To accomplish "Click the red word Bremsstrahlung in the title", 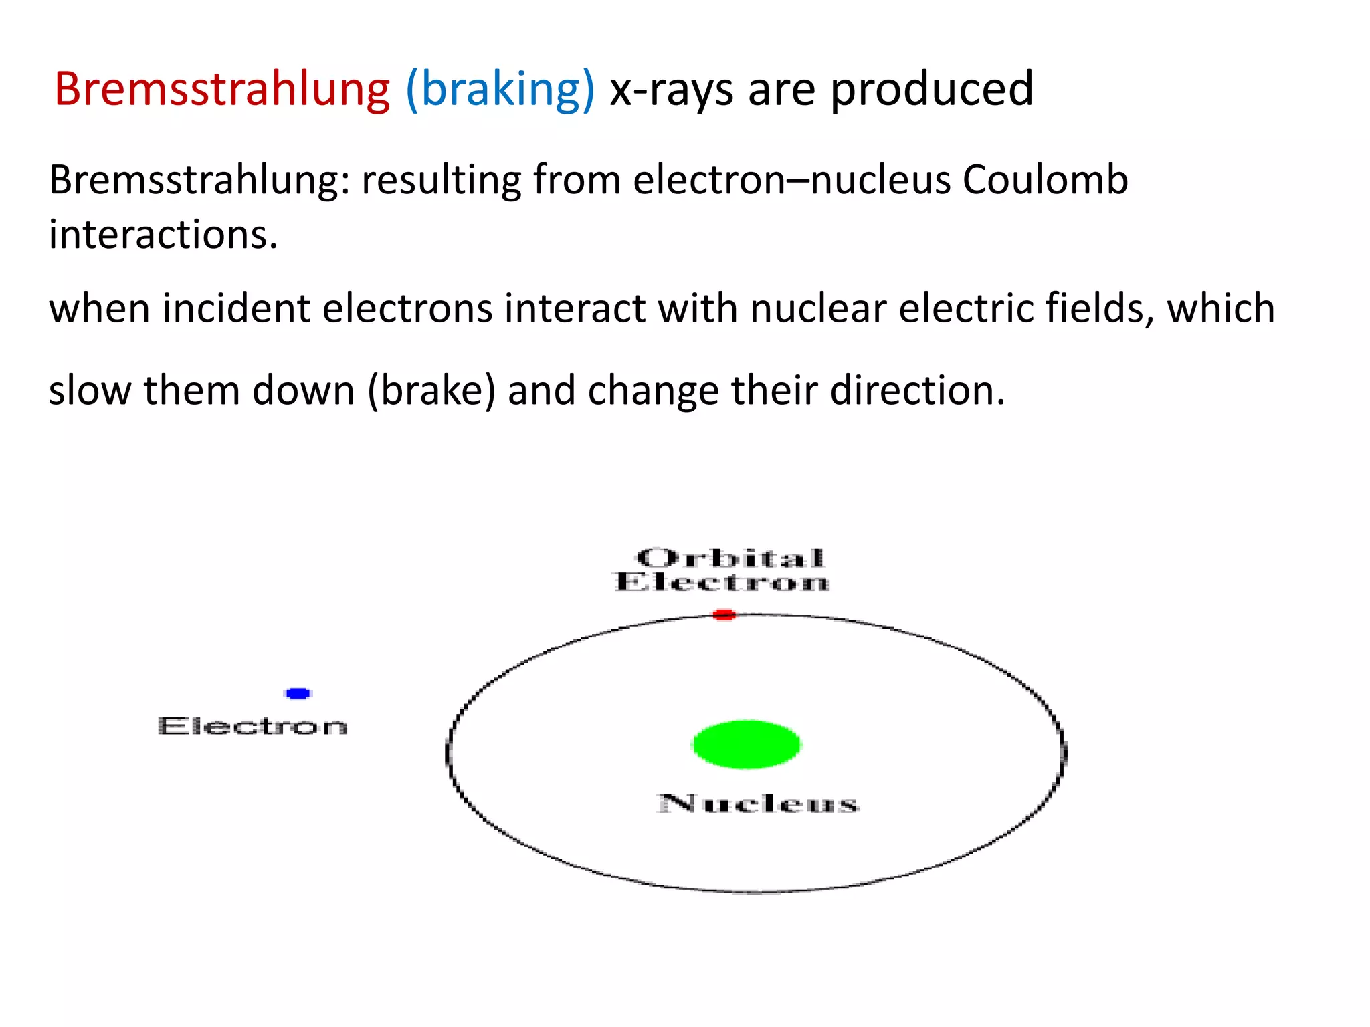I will pyautogui.click(x=221, y=89).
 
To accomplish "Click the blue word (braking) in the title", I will pyautogui.click(x=500, y=89).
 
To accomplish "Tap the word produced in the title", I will pyautogui.click(x=931, y=89).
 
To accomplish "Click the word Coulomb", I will pyautogui.click(x=1045, y=180).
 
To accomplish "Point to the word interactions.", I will pyautogui.click(x=163, y=235).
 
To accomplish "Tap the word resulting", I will pyautogui.click(x=441, y=181).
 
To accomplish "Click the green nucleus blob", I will pyautogui.click(x=747, y=744).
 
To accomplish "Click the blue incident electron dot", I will pyautogui.click(x=298, y=693).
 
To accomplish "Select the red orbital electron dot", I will pyautogui.click(x=724, y=614).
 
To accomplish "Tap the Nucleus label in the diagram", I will pyautogui.click(x=758, y=804).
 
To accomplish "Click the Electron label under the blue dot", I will pyautogui.click(x=253, y=727).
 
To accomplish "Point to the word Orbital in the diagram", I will pyautogui.click(x=730, y=558).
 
